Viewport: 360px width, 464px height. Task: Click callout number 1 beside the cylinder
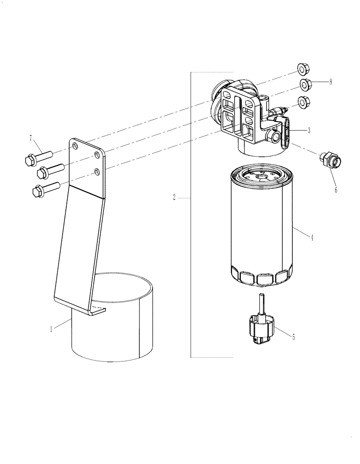51,329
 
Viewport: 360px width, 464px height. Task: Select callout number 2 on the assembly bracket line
174,198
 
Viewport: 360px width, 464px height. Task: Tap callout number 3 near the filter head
309,130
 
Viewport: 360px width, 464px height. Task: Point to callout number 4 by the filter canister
312,238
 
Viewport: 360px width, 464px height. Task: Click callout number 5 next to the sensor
294,337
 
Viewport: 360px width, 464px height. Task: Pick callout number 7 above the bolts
31,138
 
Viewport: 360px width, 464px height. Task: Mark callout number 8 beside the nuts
330,82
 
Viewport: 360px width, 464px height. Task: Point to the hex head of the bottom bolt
38,191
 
